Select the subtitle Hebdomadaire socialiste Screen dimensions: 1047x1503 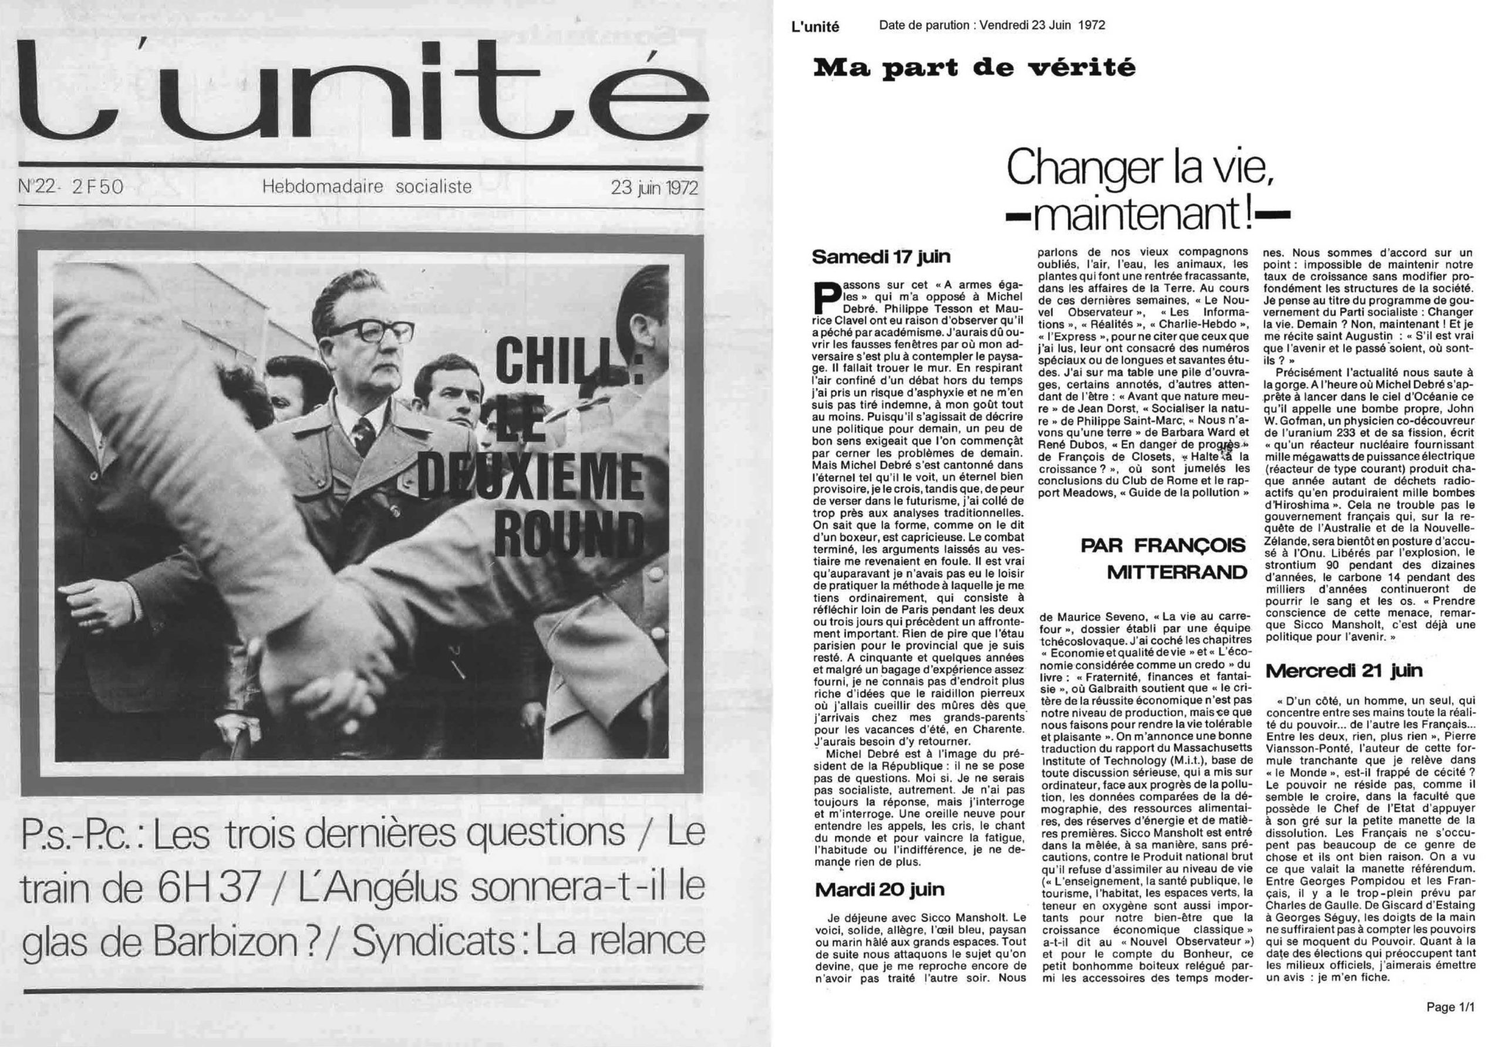pyautogui.click(x=366, y=187)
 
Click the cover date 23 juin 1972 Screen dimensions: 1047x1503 pyautogui.click(x=654, y=188)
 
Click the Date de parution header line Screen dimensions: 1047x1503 pyautogui.click(x=992, y=25)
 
